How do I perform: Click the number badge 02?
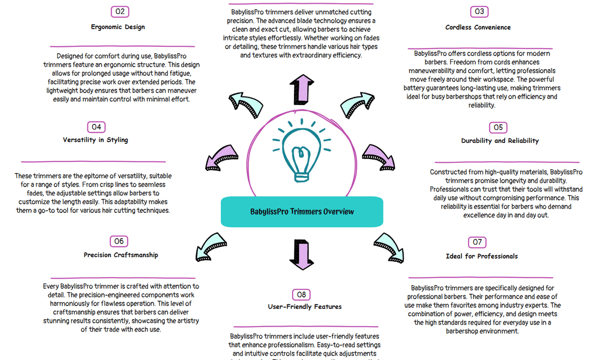120,11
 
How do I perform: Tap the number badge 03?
478,11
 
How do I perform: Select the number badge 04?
96,127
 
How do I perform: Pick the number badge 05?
498,128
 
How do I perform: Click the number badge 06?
119,241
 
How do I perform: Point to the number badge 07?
478,242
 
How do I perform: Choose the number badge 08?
302,294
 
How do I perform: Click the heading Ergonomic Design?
117,27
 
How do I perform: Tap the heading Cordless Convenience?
478,27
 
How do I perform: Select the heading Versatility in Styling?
95,140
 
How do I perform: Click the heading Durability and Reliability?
500,141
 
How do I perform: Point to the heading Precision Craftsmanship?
121,255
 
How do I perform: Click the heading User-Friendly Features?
305,307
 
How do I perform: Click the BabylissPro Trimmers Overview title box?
302,211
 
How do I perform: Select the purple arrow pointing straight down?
302,254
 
